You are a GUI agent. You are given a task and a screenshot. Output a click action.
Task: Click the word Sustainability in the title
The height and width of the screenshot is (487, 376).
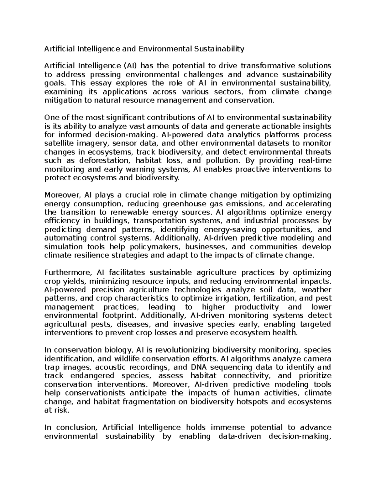point(218,49)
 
